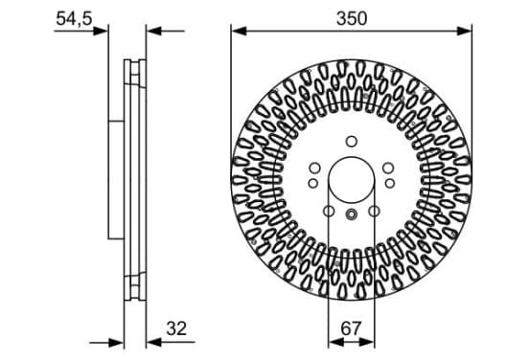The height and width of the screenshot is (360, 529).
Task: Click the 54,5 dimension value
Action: click(74, 18)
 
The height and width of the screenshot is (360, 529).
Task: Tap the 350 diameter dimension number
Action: click(351, 18)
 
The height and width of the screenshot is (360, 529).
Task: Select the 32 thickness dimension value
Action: click(176, 328)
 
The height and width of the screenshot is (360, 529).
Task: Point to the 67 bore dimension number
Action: click(351, 328)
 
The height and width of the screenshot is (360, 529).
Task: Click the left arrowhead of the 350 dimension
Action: click(239, 32)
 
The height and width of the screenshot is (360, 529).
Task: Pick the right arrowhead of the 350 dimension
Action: click(464, 32)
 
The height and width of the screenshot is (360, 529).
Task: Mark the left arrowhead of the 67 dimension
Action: click(335, 343)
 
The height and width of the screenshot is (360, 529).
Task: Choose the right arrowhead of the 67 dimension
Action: click(367, 343)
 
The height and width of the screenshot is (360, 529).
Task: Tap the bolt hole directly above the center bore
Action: click(351, 142)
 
